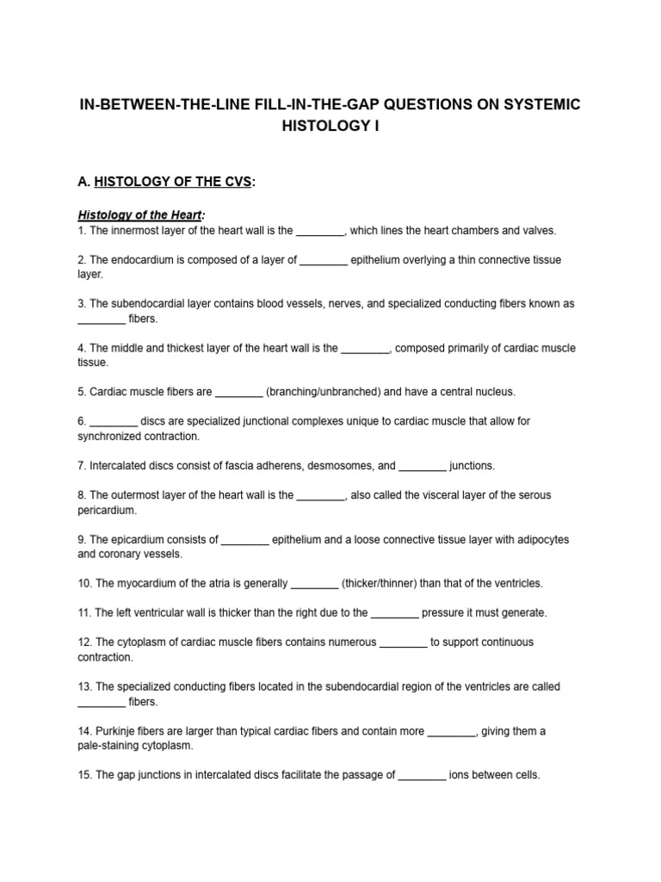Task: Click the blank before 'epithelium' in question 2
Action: [324, 259]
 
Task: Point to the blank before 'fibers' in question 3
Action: [102, 319]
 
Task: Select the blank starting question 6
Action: [114, 421]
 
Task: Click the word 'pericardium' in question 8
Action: [105, 510]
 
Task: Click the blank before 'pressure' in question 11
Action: [395, 613]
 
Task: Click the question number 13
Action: [84, 686]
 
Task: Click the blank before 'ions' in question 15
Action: [423, 775]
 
